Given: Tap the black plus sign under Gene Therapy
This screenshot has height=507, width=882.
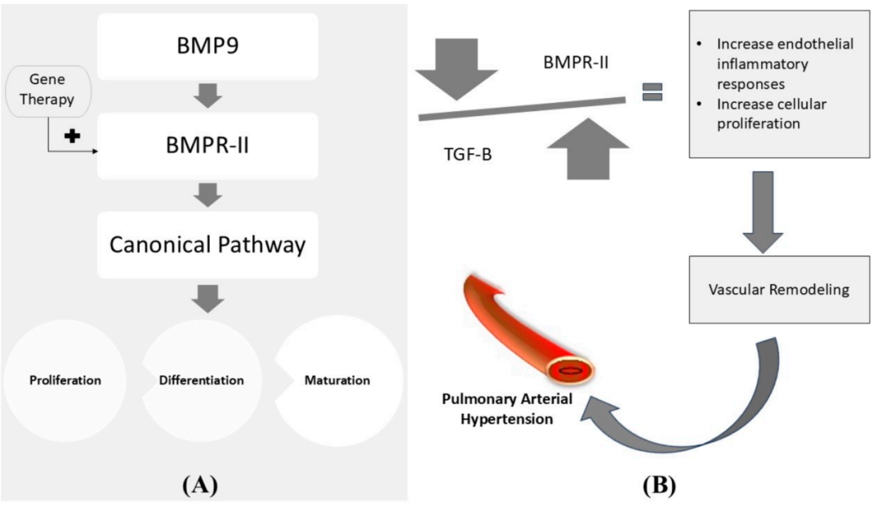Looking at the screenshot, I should tap(73, 136).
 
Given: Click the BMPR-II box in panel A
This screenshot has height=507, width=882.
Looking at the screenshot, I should tap(207, 145).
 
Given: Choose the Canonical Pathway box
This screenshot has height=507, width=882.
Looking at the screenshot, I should tap(207, 244).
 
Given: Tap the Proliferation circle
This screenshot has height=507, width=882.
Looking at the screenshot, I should tap(65, 380).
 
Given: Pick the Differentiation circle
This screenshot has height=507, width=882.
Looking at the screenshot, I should tap(201, 380).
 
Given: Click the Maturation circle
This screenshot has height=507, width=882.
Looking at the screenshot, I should tap(337, 380).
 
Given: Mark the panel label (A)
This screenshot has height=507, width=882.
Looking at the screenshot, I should tap(200, 485).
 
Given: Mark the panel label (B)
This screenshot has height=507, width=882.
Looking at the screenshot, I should tap(657, 485).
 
